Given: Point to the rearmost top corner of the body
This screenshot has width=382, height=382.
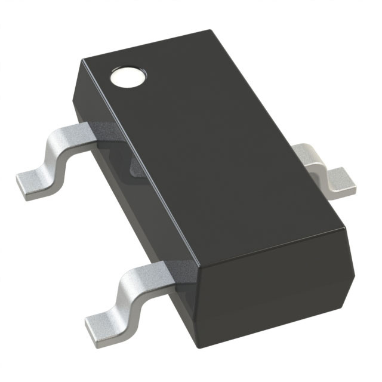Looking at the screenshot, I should pyautogui.click(x=212, y=30).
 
